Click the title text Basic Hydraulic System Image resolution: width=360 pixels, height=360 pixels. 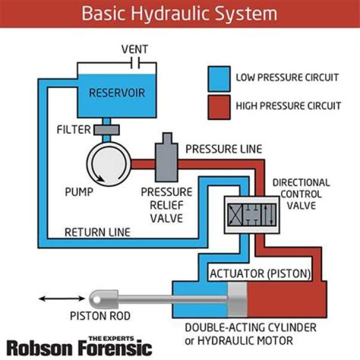[179, 13]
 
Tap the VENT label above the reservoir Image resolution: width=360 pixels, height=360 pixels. [135, 49]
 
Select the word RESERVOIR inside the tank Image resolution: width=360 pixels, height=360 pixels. [116, 93]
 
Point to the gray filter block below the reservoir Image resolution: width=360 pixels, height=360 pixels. [105, 130]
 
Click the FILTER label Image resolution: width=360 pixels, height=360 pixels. [74, 130]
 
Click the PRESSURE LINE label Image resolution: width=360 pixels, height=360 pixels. [223, 149]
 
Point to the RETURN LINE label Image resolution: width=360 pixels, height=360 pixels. [97, 232]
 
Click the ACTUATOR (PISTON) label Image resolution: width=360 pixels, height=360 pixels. [260, 274]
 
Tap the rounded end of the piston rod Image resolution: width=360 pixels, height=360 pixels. [98, 299]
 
